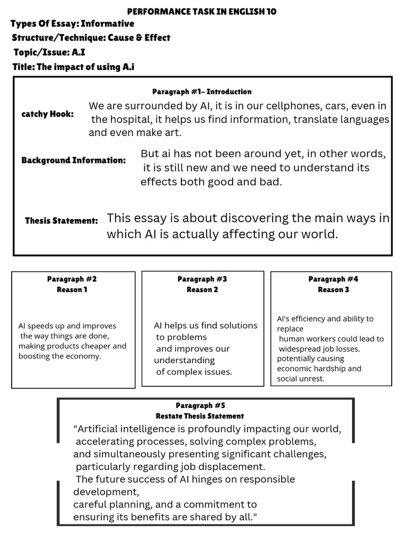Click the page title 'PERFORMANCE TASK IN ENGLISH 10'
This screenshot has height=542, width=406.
202,11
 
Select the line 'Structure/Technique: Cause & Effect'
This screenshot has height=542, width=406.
91,38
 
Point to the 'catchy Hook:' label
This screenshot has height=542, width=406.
48,114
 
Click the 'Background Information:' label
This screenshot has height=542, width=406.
73,160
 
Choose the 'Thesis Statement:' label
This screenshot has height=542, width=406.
61,220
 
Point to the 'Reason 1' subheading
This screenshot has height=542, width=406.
72,290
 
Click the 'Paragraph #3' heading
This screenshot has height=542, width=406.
202,279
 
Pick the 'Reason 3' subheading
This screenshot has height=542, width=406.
333,290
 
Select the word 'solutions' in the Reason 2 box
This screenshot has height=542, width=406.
232,326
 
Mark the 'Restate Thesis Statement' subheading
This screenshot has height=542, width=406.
200,416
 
